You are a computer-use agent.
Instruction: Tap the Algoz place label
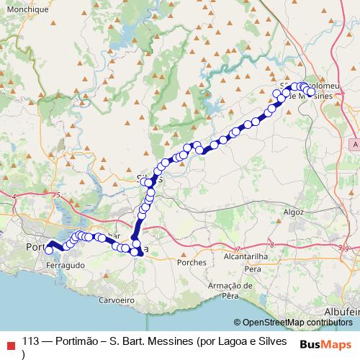point(294,213)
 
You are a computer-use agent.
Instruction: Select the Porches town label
point(194,262)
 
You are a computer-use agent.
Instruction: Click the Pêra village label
point(252,269)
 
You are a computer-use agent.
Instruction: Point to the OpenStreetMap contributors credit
point(295,322)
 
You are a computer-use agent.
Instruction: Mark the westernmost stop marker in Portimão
point(49,250)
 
